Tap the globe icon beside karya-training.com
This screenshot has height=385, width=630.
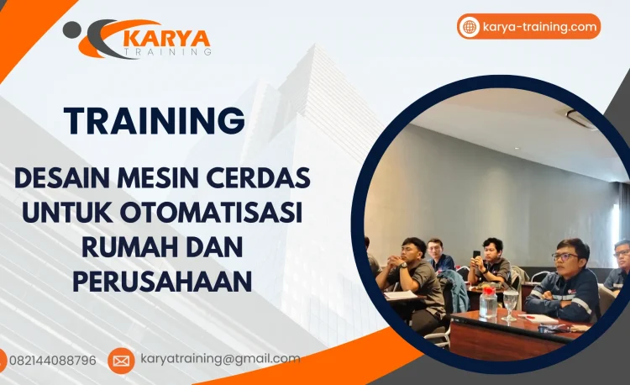(470, 27)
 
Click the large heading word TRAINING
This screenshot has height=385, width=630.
(155, 120)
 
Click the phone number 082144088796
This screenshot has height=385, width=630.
(53, 361)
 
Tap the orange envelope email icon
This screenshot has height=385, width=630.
(121, 361)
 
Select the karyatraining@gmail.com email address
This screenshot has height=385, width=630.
(220, 359)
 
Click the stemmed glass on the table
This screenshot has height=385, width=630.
(511, 303)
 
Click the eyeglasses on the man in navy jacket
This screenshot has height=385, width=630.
(564, 256)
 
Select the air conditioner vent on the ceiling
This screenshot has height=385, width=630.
(580, 118)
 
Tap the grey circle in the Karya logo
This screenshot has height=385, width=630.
(72, 30)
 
